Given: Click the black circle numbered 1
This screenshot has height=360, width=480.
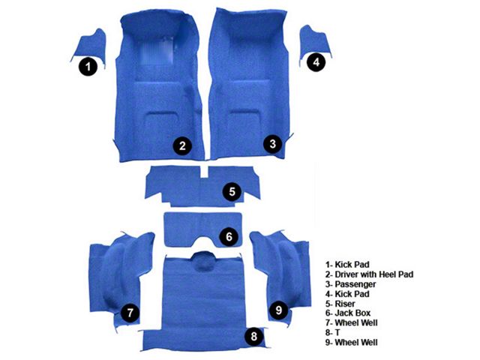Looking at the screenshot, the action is tap(88, 66).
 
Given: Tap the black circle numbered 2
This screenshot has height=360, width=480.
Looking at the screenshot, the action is tap(182, 145).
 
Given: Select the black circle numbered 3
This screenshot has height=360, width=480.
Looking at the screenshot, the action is tap(273, 143).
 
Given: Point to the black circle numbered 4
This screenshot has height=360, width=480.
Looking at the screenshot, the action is tap(316, 62).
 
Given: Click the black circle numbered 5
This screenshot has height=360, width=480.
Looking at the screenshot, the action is tap(232, 192).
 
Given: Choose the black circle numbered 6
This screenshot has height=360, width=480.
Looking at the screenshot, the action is tap(229, 236).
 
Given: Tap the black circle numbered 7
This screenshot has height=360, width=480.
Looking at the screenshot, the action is tap(130, 313).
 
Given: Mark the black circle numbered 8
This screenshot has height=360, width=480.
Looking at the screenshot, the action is tap(254, 337).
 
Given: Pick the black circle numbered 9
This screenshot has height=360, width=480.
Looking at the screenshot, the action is tap(278, 310).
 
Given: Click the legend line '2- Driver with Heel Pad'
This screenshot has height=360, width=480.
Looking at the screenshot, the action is tap(369, 274).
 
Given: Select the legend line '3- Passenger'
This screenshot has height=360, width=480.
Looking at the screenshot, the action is tap(350, 284).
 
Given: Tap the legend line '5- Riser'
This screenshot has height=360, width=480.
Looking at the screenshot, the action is tap(340, 304).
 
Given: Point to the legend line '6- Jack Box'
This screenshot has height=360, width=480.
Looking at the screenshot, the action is tap(348, 313).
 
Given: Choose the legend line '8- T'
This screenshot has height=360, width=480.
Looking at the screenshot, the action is tap(332, 332).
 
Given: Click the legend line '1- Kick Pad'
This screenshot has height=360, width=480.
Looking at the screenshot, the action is tap(347, 265).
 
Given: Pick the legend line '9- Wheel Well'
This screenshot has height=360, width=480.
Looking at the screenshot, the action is tap(352, 342).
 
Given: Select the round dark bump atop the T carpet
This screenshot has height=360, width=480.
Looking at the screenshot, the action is tap(202, 262).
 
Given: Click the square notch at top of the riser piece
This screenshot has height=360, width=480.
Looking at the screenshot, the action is tap(203, 172).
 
